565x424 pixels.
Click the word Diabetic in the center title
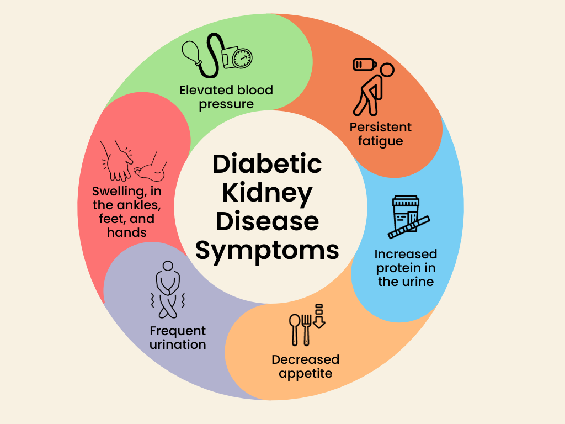coord(267,164)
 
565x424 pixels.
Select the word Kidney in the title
coord(267,194)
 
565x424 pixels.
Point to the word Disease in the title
coord(267,221)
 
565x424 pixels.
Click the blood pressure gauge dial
coord(242,58)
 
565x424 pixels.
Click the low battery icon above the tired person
coord(365,65)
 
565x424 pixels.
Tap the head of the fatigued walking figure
coord(387,70)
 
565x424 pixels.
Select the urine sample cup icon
coord(406,214)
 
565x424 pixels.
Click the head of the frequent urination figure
coord(168,266)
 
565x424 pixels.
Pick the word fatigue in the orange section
coord(381,141)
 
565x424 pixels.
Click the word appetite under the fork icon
coord(306,374)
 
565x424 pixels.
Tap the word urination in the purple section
coord(178,344)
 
